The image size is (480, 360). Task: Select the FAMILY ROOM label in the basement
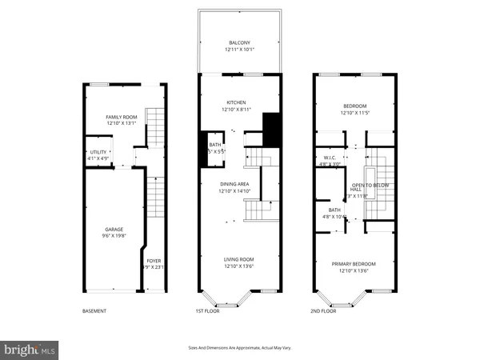pos(122,117)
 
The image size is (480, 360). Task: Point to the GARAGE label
pos(112,229)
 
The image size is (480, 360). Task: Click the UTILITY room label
pos(98,151)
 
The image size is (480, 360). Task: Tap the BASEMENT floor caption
pos(94,310)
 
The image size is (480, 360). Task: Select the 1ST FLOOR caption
pos(207,310)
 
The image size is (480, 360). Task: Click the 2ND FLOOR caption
pos(323,310)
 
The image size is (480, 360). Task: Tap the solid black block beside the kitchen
pos(270,129)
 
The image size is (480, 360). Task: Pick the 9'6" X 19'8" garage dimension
pos(112,236)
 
